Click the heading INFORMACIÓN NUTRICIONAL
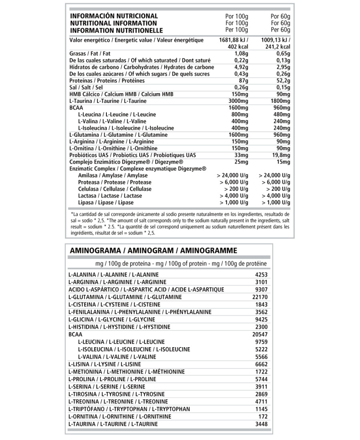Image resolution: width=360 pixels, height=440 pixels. coord(114,16)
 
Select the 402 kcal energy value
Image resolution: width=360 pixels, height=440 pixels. coord(237,47)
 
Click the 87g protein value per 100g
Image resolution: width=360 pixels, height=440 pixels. coord(243,81)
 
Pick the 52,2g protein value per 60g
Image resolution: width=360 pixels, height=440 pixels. coord(283,81)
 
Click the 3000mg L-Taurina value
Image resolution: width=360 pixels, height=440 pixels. coord(238,101)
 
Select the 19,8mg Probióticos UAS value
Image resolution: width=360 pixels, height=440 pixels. coord(281,155)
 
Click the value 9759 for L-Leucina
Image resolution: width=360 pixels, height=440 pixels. coord(261,342)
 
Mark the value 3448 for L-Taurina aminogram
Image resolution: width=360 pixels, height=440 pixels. coord(261,424)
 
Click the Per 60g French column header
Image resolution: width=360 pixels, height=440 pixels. coord(280,30)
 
